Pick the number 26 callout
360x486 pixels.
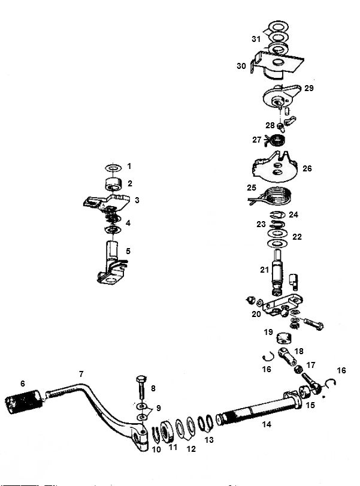(307, 168)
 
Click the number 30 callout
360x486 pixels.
(241, 67)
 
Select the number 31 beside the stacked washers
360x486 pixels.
(256, 39)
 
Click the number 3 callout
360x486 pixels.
(137, 200)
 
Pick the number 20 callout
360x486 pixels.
(256, 314)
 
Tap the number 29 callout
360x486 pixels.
(309, 88)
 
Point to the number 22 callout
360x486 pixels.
(297, 237)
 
